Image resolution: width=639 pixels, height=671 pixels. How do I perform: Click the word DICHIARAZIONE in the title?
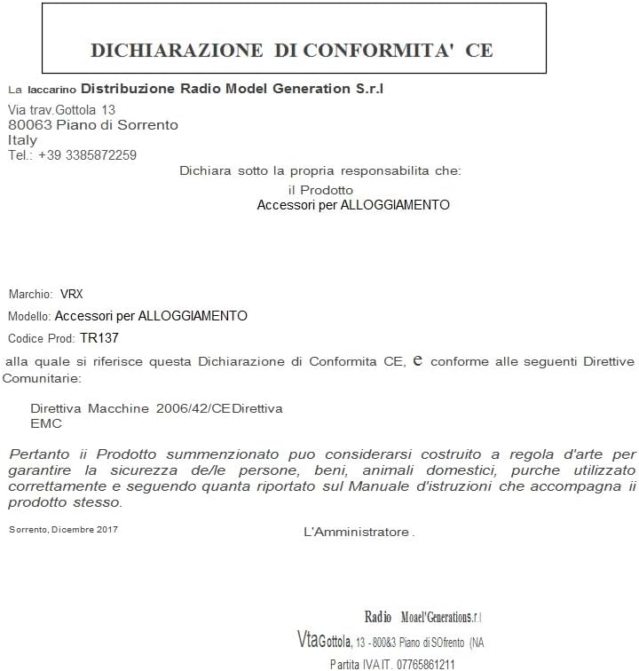[177, 50]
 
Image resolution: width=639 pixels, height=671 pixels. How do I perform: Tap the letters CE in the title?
[479, 50]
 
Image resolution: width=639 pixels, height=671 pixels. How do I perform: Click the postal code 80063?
[28, 125]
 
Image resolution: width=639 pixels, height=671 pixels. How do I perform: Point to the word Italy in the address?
[22, 139]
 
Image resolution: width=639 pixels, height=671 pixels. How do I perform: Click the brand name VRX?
[71, 294]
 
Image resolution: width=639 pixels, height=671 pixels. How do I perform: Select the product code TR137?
[99, 338]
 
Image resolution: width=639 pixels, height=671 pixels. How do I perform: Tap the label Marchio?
[31, 294]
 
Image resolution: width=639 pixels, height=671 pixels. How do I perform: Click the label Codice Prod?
[41, 339]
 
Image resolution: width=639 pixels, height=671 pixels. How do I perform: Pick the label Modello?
[29, 316]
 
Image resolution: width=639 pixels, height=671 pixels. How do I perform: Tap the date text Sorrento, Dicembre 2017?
[63, 530]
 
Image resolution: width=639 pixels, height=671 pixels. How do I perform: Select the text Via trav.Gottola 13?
[62, 109]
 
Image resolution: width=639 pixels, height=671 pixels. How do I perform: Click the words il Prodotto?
[320, 190]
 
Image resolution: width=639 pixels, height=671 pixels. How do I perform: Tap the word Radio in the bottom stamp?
[378, 617]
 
